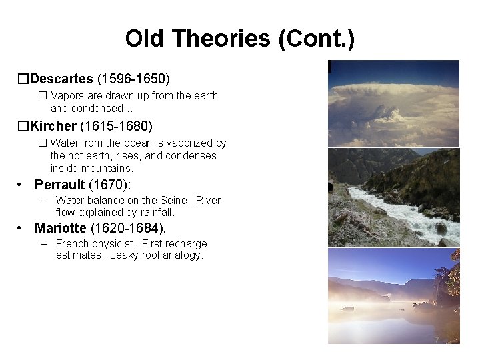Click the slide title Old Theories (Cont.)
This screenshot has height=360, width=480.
click(x=240, y=38)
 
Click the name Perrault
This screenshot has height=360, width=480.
click(x=59, y=185)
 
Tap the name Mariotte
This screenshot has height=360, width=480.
click(x=61, y=229)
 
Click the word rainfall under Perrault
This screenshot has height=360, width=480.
click(x=153, y=212)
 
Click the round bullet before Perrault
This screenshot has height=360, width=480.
click(x=22, y=185)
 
